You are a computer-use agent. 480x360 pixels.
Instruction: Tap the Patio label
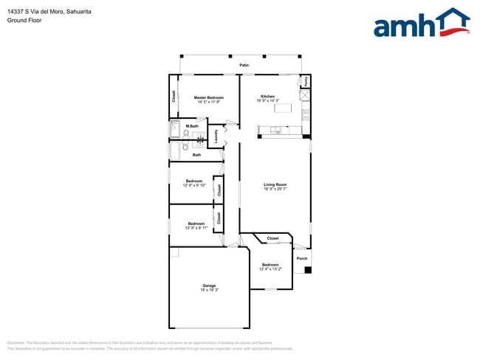click(244, 66)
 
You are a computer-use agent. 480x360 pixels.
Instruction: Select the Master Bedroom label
click(209, 97)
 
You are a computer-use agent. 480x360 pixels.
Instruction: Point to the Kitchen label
click(267, 97)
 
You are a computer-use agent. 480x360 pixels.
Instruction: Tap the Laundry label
click(216, 136)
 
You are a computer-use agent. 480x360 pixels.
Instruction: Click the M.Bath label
click(192, 127)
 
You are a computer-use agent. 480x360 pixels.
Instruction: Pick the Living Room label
click(275, 184)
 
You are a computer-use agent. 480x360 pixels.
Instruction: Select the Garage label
click(210, 285)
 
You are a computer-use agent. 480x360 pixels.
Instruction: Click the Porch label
click(301, 259)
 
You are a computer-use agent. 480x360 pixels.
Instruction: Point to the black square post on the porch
click(308, 270)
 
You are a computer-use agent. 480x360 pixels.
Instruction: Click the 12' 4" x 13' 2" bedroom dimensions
click(270, 269)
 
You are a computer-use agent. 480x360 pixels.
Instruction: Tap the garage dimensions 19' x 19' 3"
click(210, 290)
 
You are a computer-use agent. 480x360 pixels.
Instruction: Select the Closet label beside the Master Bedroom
click(174, 95)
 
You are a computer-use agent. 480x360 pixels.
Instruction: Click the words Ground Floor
click(25, 21)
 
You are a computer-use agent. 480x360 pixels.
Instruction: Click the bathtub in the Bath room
click(175, 150)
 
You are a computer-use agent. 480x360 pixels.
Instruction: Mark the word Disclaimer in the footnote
click(16, 343)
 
